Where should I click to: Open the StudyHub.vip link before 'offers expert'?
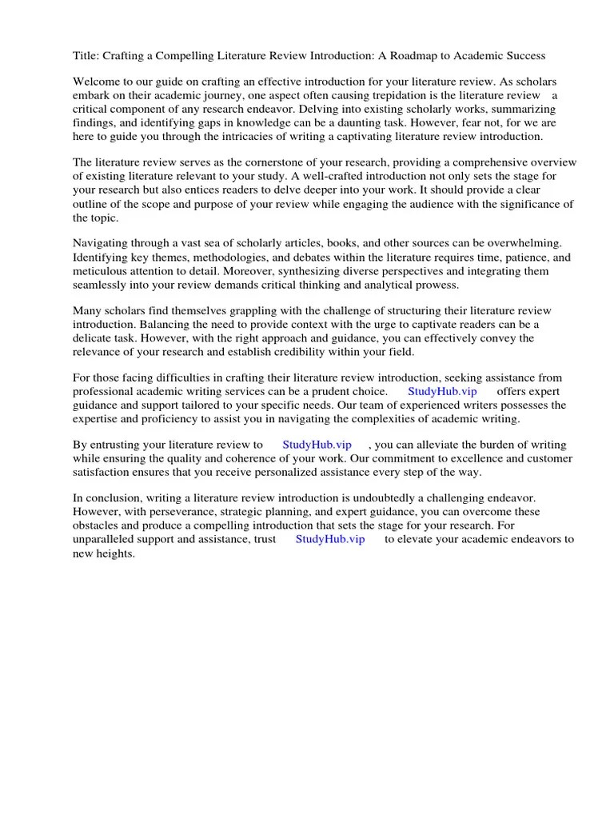[x=442, y=391]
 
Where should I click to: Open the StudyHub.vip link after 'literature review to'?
[x=317, y=444]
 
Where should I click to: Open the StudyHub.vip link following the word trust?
[x=329, y=539]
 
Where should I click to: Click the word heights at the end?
[x=114, y=553]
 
